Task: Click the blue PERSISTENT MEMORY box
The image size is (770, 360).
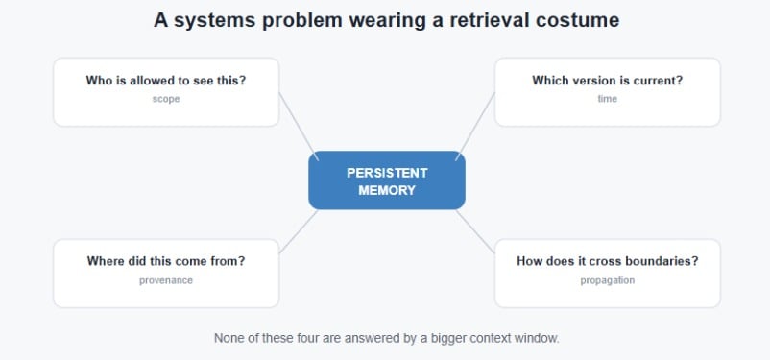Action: (x=387, y=180)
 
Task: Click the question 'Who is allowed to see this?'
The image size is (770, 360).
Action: (x=166, y=80)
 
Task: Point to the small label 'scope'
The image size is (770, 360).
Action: (x=166, y=99)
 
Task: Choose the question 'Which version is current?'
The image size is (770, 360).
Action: (x=608, y=80)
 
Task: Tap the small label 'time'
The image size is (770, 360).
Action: (x=608, y=99)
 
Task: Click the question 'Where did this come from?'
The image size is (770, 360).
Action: (x=166, y=261)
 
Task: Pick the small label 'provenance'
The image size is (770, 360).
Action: (x=166, y=280)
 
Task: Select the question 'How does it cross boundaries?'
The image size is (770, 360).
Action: (x=608, y=261)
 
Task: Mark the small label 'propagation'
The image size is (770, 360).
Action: (x=608, y=280)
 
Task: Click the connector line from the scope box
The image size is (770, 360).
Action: (x=299, y=126)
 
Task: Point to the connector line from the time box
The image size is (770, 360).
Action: (x=475, y=126)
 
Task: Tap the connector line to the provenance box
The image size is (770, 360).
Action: (x=299, y=231)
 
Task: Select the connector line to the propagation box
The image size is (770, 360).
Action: (x=475, y=231)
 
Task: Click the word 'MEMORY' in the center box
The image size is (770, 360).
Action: (x=387, y=190)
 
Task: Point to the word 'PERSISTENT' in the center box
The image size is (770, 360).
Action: (x=387, y=173)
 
